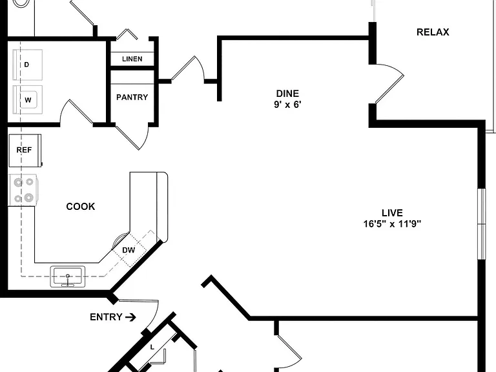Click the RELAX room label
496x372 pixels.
click(x=433, y=32)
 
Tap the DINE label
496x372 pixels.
click(x=287, y=93)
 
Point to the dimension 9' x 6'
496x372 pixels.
click(x=287, y=105)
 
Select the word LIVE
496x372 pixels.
click(x=392, y=212)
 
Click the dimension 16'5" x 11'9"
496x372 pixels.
click(x=392, y=224)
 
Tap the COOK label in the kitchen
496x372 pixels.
click(x=81, y=207)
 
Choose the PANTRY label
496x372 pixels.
click(x=132, y=97)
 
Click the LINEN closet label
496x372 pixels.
click(x=132, y=59)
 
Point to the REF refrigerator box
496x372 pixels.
click(x=25, y=150)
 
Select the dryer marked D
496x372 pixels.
click(x=28, y=65)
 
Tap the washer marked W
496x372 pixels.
click(x=28, y=99)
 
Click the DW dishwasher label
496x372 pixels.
click(x=129, y=250)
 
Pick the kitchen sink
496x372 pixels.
click(x=68, y=276)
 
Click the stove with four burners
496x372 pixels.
click(x=23, y=190)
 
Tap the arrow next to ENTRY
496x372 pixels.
click(x=130, y=317)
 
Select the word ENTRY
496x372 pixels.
click(x=106, y=317)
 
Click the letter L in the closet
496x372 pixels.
click(x=152, y=347)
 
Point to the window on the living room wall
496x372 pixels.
click(x=481, y=224)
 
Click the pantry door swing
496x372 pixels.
click(x=132, y=138)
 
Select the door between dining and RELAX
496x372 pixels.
click(x=389, y=83)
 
